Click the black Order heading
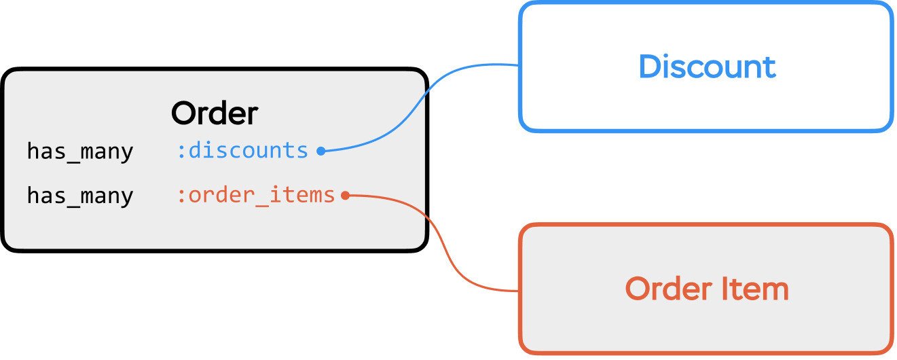coord(215,113)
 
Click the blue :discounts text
coord(242,151)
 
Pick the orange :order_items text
coord(256,195)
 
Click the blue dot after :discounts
coord(321,151)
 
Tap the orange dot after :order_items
coord(345,196)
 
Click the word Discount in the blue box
coord(707,67)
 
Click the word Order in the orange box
coord(669,289)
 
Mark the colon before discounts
coord(181,151)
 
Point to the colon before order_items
coord(181,196)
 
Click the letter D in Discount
coord(650,67)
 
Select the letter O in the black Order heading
coord(184,113)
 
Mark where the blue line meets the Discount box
coord(519,65)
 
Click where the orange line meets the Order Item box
coord(519,291)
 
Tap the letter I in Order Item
coord(723,289)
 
